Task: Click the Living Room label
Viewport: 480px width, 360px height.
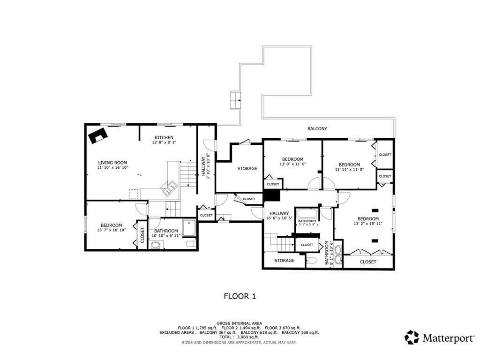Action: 112,163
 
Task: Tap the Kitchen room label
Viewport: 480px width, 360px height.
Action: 164,138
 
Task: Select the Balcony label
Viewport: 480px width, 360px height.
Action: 317,129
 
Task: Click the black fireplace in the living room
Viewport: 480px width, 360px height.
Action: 98,135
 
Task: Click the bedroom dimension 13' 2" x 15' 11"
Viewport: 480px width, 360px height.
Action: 368,224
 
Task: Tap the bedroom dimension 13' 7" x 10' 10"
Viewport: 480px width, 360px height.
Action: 112,230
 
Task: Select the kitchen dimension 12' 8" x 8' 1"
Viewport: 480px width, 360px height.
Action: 164,142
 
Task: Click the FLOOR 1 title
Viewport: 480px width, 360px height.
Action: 240,296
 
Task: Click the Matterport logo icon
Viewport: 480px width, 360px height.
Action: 412,337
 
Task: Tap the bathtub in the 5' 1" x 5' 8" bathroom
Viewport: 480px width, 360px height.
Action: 307,213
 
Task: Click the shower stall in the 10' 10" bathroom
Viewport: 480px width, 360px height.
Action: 189,228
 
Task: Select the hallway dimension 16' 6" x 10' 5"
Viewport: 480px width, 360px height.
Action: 279,218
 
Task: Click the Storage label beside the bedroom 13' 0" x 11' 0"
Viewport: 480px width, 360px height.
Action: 247,169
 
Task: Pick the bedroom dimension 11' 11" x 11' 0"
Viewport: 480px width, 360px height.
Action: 349,169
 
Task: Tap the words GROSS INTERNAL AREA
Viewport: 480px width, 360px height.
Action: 239,323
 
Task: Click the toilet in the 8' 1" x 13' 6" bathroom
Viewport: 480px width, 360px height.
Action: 311,261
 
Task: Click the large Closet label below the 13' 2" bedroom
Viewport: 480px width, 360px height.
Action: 368,262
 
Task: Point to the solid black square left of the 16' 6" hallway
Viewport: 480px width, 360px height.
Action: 272,195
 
